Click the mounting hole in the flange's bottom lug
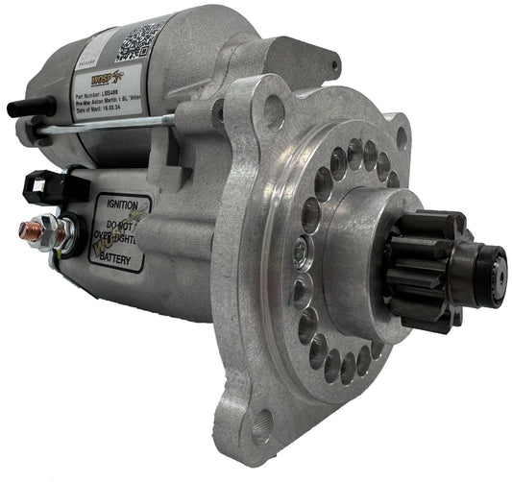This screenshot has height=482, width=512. coord(260,423)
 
